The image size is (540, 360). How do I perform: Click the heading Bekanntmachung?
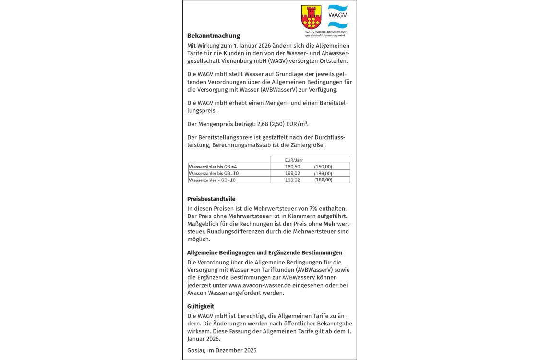(x=214, y=36)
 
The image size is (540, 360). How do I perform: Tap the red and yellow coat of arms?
(x=311, y=17)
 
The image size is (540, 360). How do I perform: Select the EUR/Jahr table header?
(x=294, y=160)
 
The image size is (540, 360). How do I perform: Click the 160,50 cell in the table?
(x=292, y=167)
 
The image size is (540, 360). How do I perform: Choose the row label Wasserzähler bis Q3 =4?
(x=213, y=167)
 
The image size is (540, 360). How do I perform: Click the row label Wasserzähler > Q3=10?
(x=212, y=180)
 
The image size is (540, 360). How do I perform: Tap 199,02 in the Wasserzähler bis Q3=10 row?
(x=292, y=173)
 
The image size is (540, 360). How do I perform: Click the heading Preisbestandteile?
(x=211, y=199)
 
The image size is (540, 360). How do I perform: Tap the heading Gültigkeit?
(x=201, y=306)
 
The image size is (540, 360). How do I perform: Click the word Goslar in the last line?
(x=196, y=350)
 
